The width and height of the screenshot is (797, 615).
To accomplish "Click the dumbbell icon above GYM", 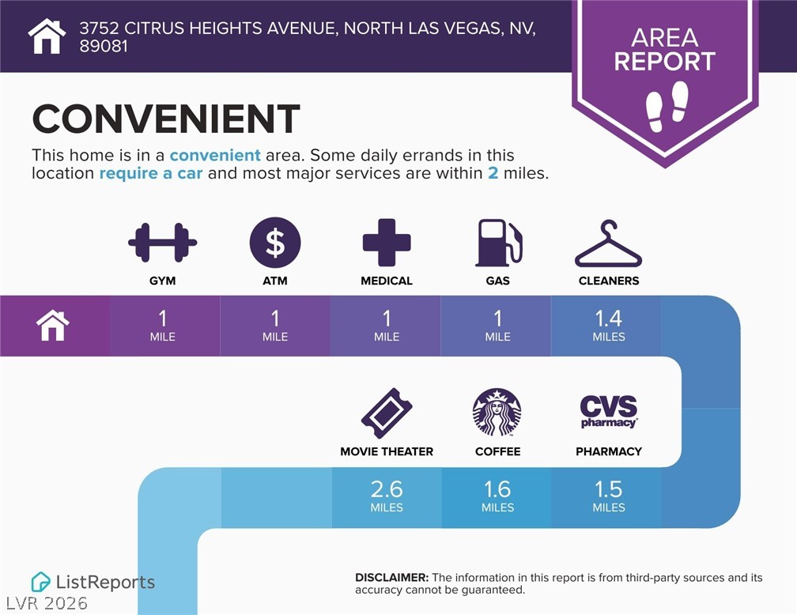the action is [x=162, y=243].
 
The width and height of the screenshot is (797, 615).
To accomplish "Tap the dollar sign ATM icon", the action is [x=275, y=243].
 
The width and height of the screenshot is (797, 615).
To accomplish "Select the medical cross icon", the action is [x=387, y=243].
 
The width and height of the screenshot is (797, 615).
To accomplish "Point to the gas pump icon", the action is [x=499, y=243].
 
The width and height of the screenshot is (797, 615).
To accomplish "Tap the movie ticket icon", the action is [x=387, y=413].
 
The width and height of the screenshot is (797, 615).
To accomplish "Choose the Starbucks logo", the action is [x=497, y=412].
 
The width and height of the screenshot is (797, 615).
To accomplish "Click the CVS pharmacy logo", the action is [x=609, y=412].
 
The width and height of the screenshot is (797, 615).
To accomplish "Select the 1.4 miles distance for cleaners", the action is [x=609, y=326].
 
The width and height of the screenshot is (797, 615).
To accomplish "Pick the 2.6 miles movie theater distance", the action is [x=387, y=496].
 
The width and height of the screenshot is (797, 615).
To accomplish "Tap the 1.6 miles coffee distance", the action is [x=497, y=496].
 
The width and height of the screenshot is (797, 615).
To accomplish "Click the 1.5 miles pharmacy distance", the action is [x=609, y=496].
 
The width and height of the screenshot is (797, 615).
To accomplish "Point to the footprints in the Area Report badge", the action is [x=667, y=106].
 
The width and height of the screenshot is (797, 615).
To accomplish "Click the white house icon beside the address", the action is [x=47, y=36].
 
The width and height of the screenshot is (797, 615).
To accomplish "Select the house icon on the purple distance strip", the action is [x=53, y=326].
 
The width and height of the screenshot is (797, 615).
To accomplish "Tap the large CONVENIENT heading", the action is [x=166, y=119].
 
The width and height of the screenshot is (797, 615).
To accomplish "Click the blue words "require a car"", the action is [x=151, y=173].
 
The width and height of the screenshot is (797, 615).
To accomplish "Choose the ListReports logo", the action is [x=93, y=582].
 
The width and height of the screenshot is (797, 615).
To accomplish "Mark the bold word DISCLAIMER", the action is [x=392, y=577].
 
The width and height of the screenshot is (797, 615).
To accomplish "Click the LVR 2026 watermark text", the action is [x=47, y=603].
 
